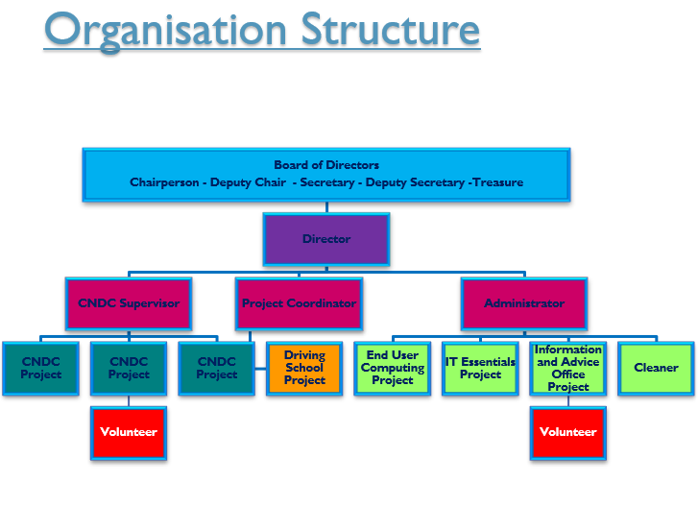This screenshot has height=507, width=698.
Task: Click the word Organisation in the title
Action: (x=165, y=32)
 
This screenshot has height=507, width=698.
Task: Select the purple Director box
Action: (x=326, y=239)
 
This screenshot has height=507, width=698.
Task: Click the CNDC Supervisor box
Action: (x=129, y=303)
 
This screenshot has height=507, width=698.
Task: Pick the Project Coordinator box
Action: (x=300, y=303)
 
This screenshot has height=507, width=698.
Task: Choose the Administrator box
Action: (x=524, y=303)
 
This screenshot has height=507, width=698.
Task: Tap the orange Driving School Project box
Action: (x=304, y=369)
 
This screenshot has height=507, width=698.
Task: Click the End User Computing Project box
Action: (x=393, y=369)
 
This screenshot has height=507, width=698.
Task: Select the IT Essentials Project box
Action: (x=480, y=369)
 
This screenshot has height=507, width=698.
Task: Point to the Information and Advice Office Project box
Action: (x=568, y=369)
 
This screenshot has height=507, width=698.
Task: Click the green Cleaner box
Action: (x=656, y=369)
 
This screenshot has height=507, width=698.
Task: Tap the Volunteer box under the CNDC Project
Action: (x=129, y=433)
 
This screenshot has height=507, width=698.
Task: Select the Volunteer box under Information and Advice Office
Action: (x=568, y=433)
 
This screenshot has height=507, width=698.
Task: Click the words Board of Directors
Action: (x=326, y=165)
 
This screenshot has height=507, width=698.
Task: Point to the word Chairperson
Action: (x=164, y=182)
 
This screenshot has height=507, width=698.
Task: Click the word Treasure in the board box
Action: (x=498, y=182)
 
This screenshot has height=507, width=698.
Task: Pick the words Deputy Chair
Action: (x=248, y=182)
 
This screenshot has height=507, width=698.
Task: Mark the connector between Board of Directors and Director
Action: (x=326, y=207)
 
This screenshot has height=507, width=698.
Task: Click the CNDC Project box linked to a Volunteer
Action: (x=129, y=369)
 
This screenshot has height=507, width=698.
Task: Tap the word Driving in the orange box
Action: (x=305, y=355)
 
